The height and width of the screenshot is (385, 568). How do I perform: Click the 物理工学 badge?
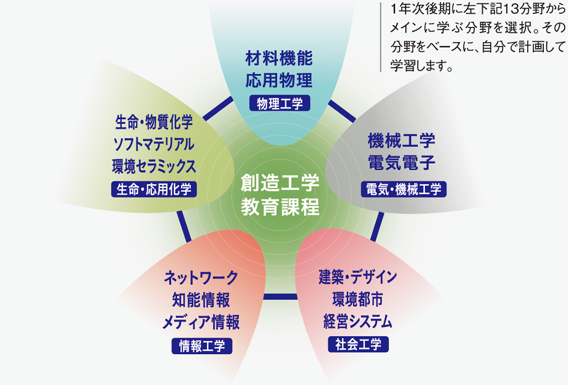pyautogui.click(x=280, y=103)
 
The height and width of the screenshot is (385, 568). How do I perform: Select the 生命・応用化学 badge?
pyautogui.click(x=154, y=189)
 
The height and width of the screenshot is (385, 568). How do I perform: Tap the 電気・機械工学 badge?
pyautogui.click(x=404, y=189)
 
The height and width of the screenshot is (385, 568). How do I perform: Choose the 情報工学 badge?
pyautogui.click(x=202, y=346)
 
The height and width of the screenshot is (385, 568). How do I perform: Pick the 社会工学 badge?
pyautogui.click(x=358, y=344)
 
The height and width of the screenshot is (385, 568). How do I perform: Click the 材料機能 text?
pyautogui.click(x=279, y=58)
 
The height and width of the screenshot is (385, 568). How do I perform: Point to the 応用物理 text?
pyautogui.click(x=279, y=80)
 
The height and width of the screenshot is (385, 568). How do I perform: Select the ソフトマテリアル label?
pyautogui.click(x=154, y=144)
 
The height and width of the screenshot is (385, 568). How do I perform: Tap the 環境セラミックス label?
pyautogui.click(x=154, y=166)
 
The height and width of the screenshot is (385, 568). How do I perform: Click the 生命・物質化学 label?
pyautogui.click(x=154, y=122)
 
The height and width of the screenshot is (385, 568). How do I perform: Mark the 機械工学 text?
pyautogui.click(x=401, y=140)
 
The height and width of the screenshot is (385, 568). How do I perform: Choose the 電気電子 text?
pyautogui.click(x=401, y=162)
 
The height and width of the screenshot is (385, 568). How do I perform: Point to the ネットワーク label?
pyautogui.click(x=201, y=278)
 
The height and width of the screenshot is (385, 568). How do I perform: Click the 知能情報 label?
pyautogui.click(x=201, y=300)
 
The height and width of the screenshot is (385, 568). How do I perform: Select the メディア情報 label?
pyautogui.click(x=201, y=322)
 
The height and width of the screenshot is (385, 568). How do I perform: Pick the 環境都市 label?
pyautogui.click(x=358, y=299)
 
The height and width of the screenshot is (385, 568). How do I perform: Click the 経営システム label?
pyautogui.click(x=358, y=321)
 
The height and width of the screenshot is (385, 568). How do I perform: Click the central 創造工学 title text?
pyautogui.click(x=280, y=183)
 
